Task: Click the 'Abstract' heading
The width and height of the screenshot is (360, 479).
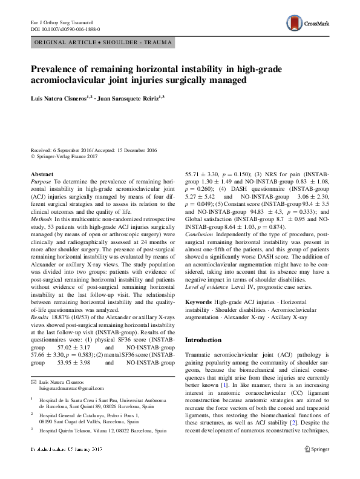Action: tap(41, 174)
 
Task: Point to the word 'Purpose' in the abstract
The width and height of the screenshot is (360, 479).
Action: tap(41, 181)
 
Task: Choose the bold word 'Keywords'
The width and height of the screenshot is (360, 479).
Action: tap(198, 302)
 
